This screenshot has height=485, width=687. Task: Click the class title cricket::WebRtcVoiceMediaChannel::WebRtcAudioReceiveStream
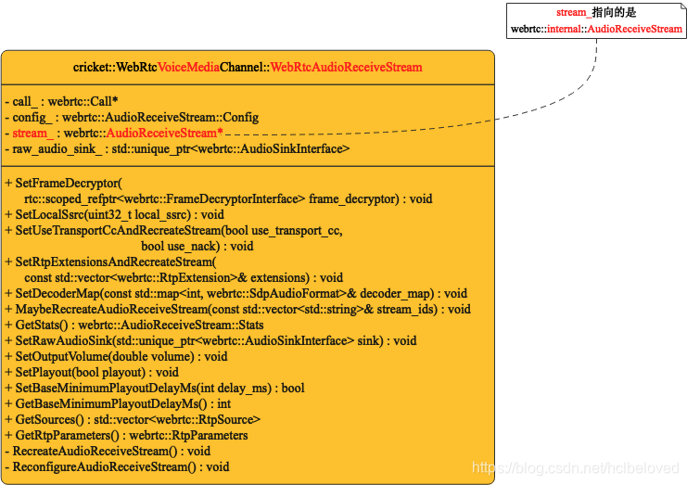(x=248, y=67)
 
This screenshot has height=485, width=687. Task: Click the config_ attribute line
(x=131, y=118)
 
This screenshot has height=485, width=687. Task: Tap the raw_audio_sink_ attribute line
(x=177, y=148)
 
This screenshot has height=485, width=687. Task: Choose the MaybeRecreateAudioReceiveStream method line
(x=237, y=309)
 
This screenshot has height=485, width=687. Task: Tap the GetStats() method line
(x=134, y=325)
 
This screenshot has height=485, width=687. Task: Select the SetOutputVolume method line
(x=116, y=356)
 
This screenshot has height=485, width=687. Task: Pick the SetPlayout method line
(x=92, y=372)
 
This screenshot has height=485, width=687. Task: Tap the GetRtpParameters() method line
(x=126, y=435)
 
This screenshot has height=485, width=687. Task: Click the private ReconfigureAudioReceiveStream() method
(x=117, y=466)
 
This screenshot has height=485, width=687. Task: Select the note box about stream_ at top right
(x=596, y=20)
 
